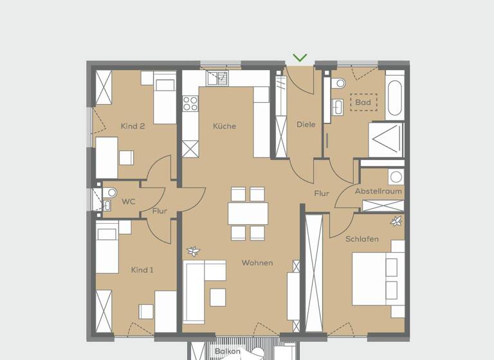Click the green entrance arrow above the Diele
pos(300,58)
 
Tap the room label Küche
pos(224,126)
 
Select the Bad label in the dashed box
pos(363,102)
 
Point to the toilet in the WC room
pos(111,192)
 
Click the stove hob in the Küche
pos(190,103)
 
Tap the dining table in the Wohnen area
pos(248,213)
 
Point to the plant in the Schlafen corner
pos(396,221)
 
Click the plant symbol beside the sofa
pos(192,251)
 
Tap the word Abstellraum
pos(378,192)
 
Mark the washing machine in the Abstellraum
pos(396,177)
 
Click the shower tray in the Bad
pos(386,139)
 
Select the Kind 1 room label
pos(142,270)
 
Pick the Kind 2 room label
pos(133,126)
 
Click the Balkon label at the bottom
pos(228,352)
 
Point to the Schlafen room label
pos(361,239)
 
